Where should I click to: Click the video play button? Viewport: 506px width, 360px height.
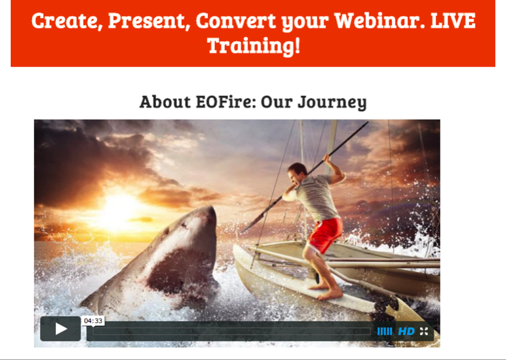click(x=60, y=328)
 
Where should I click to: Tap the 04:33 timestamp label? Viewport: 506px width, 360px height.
click(x=93, y=321)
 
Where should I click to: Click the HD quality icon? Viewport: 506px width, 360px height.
click(x=406, y=331)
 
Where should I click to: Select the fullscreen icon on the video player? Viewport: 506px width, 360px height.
click(x=424, y=331)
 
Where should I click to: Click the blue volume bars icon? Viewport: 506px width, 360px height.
click(x=384, y=331)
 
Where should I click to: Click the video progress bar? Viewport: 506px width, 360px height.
click(x=232, y=331)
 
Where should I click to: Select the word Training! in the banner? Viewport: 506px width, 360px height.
click(x=254, y=46)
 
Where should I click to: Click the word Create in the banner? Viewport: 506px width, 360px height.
click(x=67, y=21)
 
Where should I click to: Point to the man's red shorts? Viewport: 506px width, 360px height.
click(x=324, y=235)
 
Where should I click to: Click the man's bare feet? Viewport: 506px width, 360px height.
click(x=325, y=291)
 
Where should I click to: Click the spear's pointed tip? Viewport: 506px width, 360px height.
click(x=243, y=231)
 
